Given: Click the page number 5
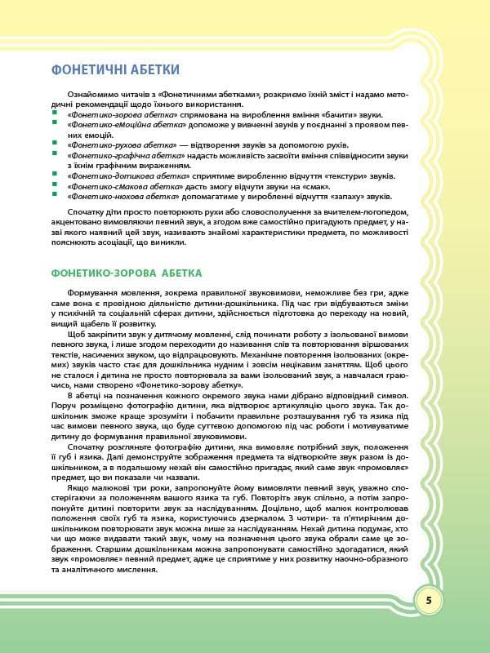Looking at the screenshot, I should (x=429, y=602).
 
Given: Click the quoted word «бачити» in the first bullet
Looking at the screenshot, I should (x=332, y=118).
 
